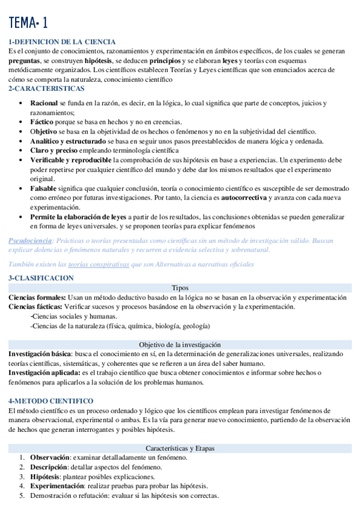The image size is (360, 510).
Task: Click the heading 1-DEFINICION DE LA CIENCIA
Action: pyautogui.click(x=62, y=41)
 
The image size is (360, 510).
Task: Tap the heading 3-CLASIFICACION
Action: pyautogui.click(x=41, y=278)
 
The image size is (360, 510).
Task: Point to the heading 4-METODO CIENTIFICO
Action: pyautogui.click(x=50, y=401)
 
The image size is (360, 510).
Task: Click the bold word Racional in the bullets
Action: pyautogui.click(x=44, y=103)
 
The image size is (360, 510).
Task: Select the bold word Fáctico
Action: pyautogui.click(x=43, y=122)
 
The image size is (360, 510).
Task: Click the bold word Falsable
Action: pyautogui.click(x=44, y=188)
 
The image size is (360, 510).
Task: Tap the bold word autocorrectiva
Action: pyautogui.click(x=243, y=197)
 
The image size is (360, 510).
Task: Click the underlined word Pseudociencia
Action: pyautogui.click(x=30, y=241)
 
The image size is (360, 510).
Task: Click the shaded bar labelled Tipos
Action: pyautogui.click(x=180, y=287)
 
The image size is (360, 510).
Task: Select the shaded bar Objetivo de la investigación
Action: pyautogui.click(x=180, y=345)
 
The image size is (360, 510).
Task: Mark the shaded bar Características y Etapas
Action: pyautogui.click(x=180, y=448)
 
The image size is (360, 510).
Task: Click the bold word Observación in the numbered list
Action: pyautogui.click(x=50, y=457)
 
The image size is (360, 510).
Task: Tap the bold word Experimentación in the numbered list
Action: pyautogui.click(x=57, y=486)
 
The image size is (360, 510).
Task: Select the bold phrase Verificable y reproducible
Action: pyautogui.click(x=70, y=160)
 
